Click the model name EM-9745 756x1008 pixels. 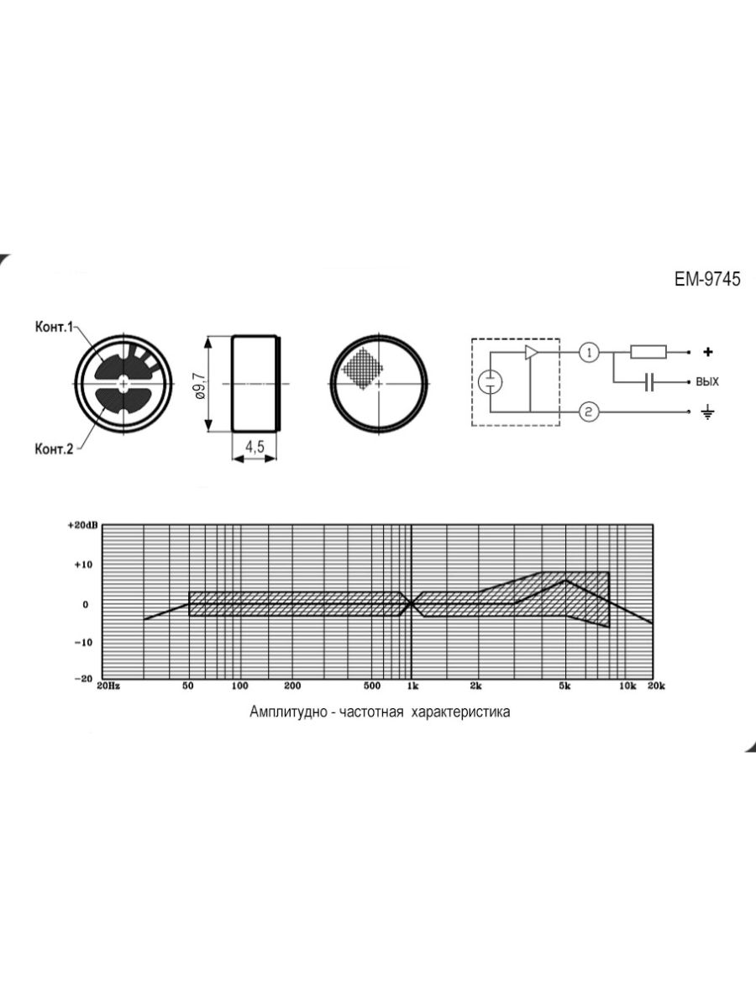(x=707, y=279)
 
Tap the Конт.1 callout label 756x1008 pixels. (x=54, y=327)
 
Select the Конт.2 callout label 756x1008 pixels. (x=54, y=449)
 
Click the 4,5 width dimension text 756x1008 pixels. (x=255, y=446)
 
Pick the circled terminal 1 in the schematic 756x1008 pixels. (x=590, y=353)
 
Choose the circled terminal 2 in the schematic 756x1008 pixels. (x=589, y=412)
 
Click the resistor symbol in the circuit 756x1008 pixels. (x=648, y=352)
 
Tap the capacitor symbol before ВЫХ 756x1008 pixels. (x=648, y=381)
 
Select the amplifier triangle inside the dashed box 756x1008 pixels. (x=532, y=352)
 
